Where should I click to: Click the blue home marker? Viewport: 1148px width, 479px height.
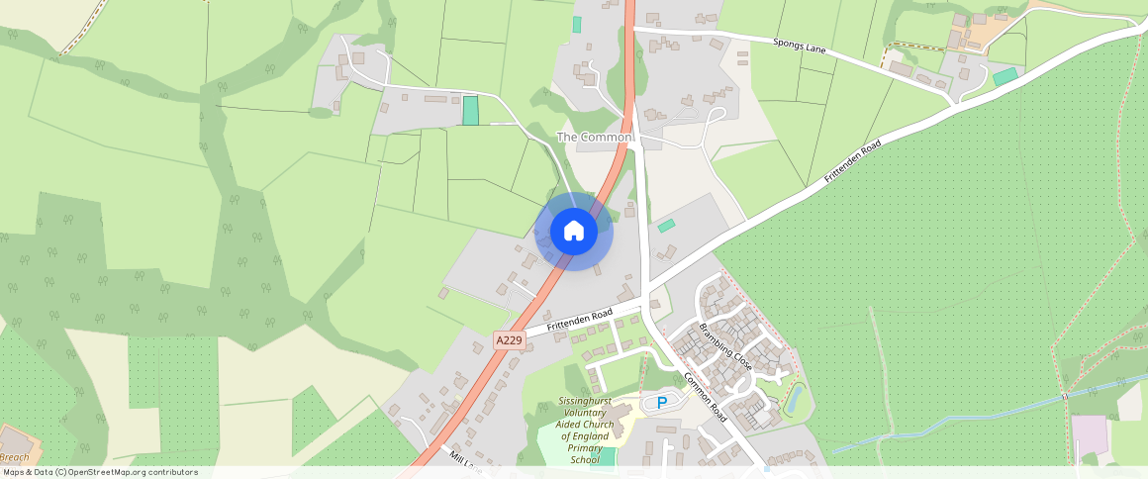click(574, 232)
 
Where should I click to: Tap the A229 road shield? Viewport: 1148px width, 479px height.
click(509, 340)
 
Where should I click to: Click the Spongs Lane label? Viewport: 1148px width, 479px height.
click(800, 46)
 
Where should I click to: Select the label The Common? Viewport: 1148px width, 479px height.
click(594, 137)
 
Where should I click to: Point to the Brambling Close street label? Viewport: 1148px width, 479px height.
click(725, 346)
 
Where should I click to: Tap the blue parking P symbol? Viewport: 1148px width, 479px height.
click(661, 403)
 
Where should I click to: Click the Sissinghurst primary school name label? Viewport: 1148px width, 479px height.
click(584, 431)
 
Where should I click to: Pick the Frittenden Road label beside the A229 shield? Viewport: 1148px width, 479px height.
click(580, 321)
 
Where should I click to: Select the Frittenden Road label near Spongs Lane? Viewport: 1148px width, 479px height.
click(852, 161)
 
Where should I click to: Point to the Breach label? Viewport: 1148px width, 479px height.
click(14, 457)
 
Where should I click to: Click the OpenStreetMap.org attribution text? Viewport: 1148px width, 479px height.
click(99, 472)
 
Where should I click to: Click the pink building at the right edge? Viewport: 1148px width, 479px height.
click(1090, 434)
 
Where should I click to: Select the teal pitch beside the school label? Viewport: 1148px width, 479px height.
click(607, 456)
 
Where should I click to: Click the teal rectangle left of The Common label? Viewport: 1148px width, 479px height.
click(470, 110)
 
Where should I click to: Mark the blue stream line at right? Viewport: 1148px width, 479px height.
click(950, 424)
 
